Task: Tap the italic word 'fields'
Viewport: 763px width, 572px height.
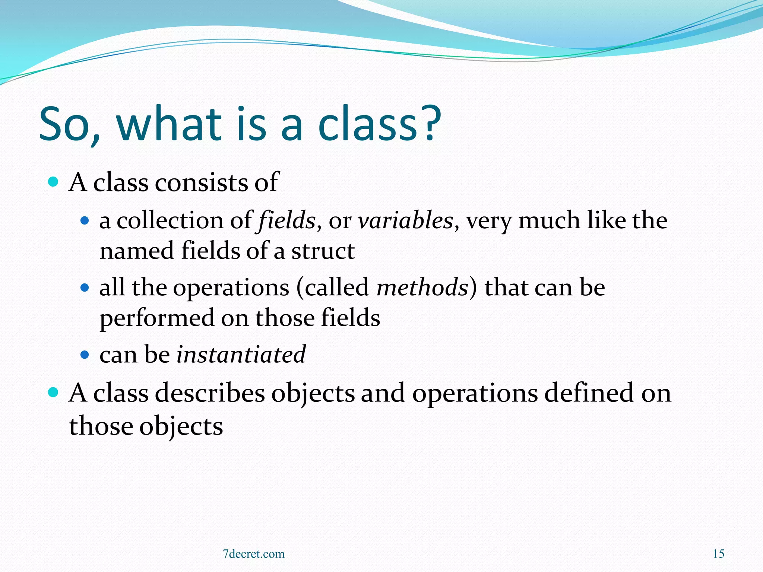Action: pyautogui.click(x=286, y=220)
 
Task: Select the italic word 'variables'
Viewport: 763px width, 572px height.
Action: pyautogui.click(x=405, y=220)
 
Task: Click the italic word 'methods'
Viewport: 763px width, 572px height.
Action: pyautogui.click(x=422, y=287)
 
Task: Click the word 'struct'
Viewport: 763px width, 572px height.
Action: pyautogui.click(x=323, y=251)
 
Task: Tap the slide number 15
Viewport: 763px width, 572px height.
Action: pyautogui.click(x=718, y=554)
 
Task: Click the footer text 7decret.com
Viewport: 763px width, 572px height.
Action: pyautogui.click(x=254, y=554)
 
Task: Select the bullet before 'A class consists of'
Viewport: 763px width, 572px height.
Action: pyautogui.click(x=54, y=182)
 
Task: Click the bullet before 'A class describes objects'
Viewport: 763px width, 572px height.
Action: pyautogui.click(x=54, y=392)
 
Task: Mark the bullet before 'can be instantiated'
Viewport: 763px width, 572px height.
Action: pyautogui.click(x=85, y=355)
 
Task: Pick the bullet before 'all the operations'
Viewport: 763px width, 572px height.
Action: pyautogui.click(x=85, y=287)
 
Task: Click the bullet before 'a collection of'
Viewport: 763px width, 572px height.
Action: pyautogui.click(x=85, y=220)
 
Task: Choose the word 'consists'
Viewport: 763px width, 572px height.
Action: pyautogui.click(x=202, y=182)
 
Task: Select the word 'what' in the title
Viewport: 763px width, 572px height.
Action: pyautogui.click(x=170, y=124)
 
